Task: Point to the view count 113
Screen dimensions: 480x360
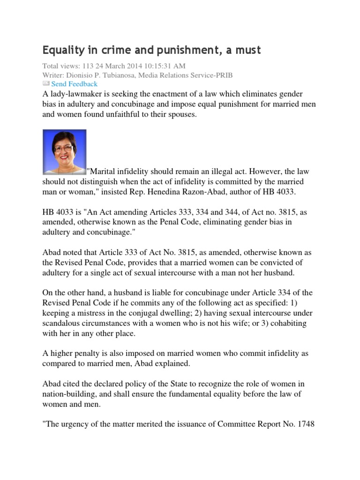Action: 89,66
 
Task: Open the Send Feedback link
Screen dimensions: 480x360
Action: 74,84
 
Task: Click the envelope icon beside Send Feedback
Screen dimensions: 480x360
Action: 46,84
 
